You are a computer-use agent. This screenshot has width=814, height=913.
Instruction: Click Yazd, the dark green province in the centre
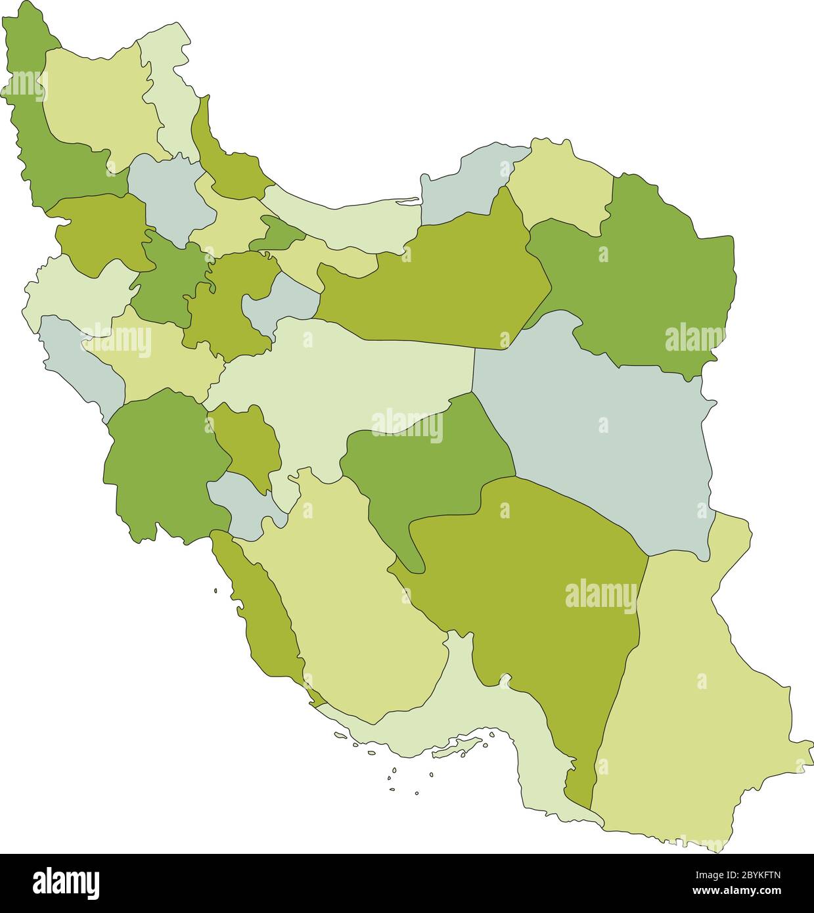(427, 473)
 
